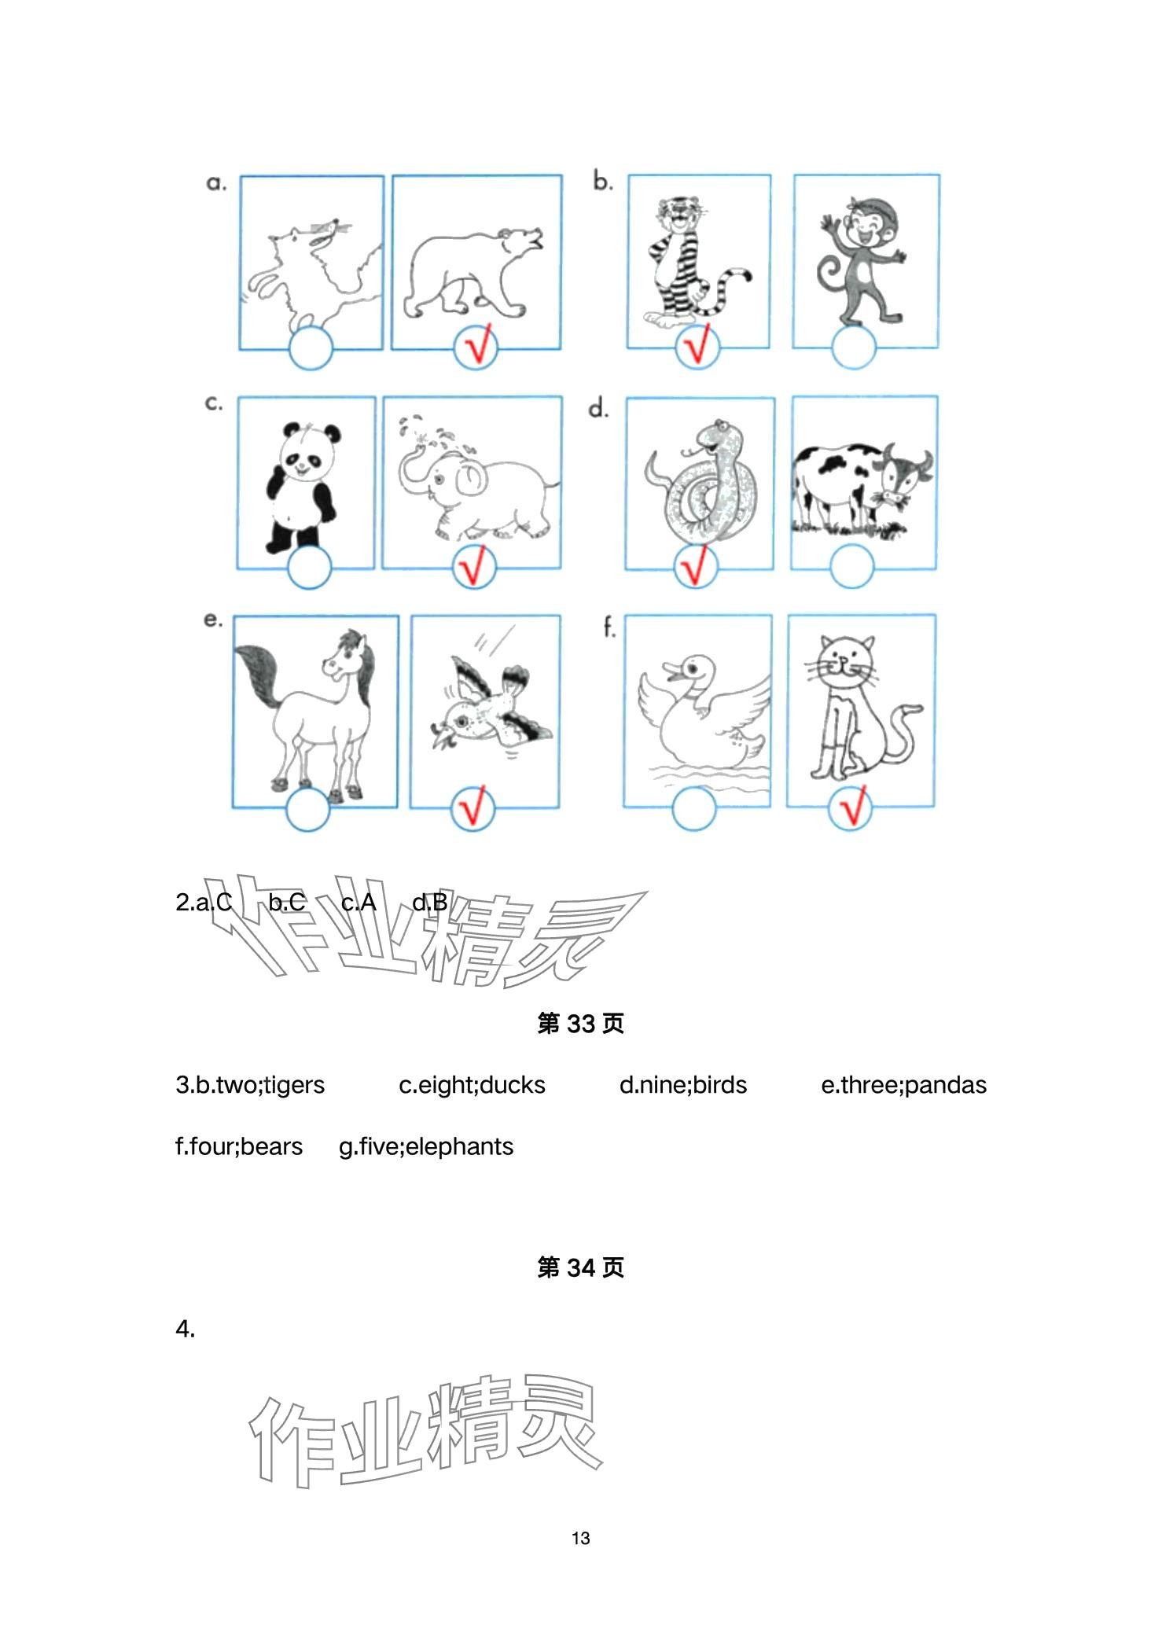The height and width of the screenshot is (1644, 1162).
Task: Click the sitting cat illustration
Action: pyautogui.click(x=857, y=708)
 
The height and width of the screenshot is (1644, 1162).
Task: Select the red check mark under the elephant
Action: pyautogui.click(x=474, y=566)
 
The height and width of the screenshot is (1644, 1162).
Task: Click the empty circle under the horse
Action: pyautogui.click(x=307, y=809)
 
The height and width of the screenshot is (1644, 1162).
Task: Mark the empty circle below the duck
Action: pyautogui.click(x=694, y=807)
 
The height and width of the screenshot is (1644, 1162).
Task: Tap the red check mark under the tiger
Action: pyautogui.click(x=697, y=346)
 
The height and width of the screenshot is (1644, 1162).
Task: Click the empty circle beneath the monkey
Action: pyautogui.click(x=853, y=347)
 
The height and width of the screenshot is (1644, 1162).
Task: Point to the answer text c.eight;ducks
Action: pyautogui.click(x=472, y=1085)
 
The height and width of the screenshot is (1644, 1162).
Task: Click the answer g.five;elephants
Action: pyautogui.click(x=425, y=1147)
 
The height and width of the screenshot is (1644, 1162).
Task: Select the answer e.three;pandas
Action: pyautogui.click(x=903, y=1085)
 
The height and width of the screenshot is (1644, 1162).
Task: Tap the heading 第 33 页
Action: pyautogui.click(x=580, y=1024)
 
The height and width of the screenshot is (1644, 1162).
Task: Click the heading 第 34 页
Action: pyautogui.click(x=580, y=1267)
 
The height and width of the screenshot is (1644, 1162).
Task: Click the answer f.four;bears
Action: pyautogui.click(x=239, y=1147)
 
